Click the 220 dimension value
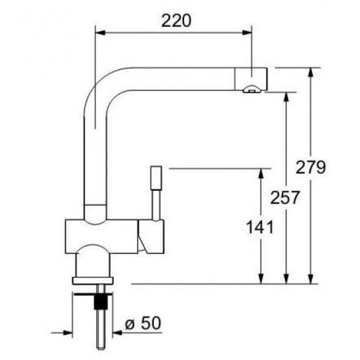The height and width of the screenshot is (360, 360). click(x=176, y=21)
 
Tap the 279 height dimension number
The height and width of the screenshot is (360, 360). click(x=310, y=167)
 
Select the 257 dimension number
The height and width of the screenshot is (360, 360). click(x=285, y=198)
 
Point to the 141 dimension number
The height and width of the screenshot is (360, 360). click(x=260, y=227)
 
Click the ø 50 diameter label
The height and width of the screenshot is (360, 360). click(x=143, y=323)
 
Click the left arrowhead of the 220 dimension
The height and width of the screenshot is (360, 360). click(x=100, y=32)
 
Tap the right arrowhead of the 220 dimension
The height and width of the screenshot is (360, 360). click(x=247, y=32)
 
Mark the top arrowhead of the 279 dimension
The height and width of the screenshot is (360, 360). click(x=310, y=73)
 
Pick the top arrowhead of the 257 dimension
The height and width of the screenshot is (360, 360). click(x=286, y=97)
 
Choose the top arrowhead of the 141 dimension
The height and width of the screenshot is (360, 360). click(x=261, y=174)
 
